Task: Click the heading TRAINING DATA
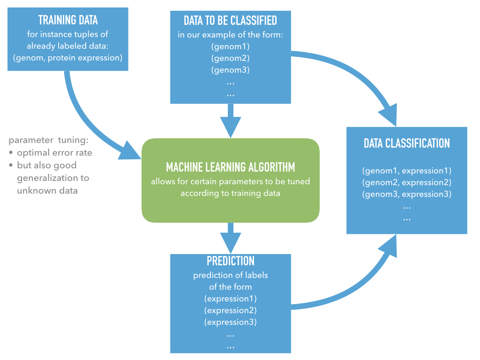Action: click(x=68, y=20)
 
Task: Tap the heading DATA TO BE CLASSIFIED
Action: click(x=231, y=21)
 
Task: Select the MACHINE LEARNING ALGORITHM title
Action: click(x=231, y=167)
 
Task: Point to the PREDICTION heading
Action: click(x=231, y=261)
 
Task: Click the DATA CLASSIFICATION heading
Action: click(x=407, y=143)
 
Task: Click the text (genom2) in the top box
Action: click(x=231, y=58)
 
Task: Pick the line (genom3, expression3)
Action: click(x=407, y=194)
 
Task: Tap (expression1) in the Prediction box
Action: click(x=231, y=299)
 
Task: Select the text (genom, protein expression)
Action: click(x=67, y=58)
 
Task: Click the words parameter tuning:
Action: click(x=48, y=140)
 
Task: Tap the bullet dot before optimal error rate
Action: click(x=11, y=152)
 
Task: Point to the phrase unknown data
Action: click(x=47, y=191)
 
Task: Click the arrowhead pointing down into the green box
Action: click(x=231, y=127)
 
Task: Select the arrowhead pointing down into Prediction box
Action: click(x=231, y=243)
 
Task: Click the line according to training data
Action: click(x=231, y=193)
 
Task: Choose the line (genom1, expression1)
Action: click(x=407, y=171)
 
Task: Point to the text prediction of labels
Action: click(x=231, y=275)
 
